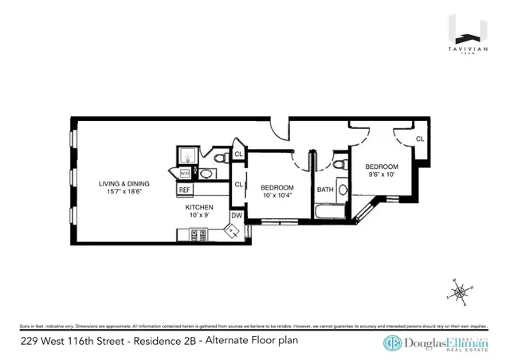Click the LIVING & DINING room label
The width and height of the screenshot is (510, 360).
pos(124,183)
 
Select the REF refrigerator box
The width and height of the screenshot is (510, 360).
pos(184,190)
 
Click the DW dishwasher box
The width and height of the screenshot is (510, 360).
pos(236,215)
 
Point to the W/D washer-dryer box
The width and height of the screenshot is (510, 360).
pos(185,172)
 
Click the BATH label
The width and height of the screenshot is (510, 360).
pos(325,190)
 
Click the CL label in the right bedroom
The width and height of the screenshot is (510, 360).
pos(419,139)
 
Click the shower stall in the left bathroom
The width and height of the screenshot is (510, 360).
pos(185,155)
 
